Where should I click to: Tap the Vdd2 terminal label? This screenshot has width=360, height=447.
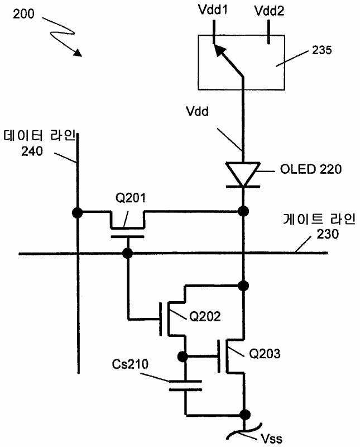(269, 11)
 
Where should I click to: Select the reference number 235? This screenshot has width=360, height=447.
(322, 50)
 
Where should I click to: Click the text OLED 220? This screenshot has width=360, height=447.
(311, 169)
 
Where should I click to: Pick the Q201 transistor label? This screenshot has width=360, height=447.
(130, 198)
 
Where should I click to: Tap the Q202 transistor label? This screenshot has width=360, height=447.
(205, 316)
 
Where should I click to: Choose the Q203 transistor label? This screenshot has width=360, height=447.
(265, 354)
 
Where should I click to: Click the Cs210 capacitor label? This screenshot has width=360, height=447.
(130, 364)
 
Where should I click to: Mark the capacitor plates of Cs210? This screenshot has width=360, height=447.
(185, 385)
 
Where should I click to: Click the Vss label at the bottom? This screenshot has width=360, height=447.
(271, 439)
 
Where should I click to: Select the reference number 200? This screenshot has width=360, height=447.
(23, 13)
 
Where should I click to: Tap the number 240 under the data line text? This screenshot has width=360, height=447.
(32, 151)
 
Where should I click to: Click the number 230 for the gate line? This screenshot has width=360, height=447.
(328, 234)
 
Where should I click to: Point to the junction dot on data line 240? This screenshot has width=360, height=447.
(77, 212)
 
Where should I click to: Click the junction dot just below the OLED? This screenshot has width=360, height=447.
(243, 211)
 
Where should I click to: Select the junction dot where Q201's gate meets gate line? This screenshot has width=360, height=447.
(127, 253)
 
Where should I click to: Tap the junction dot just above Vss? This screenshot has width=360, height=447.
(244, 414)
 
